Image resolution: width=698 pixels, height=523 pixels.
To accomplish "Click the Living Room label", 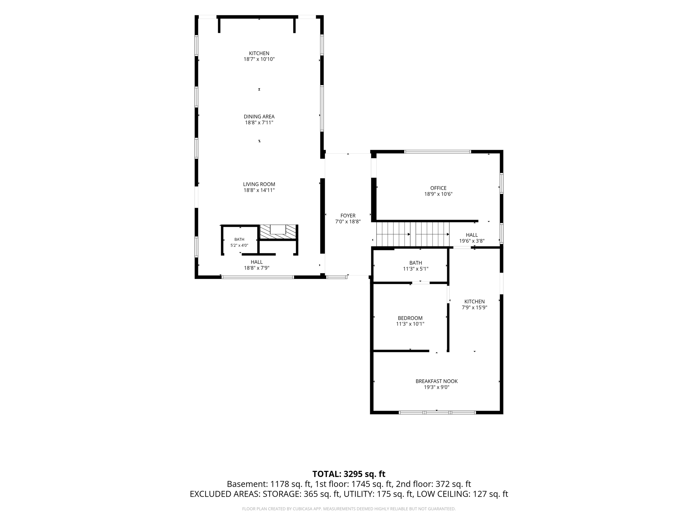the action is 259,184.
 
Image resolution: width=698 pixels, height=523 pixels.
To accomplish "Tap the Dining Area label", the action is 259,116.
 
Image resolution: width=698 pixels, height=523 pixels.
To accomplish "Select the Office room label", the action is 438,188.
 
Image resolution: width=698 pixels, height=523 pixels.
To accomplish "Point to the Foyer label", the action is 348,216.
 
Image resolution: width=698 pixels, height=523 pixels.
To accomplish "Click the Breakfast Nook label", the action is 437,381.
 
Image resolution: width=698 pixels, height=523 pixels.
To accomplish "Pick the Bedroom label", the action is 410,318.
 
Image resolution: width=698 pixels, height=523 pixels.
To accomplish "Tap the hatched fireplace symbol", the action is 278,232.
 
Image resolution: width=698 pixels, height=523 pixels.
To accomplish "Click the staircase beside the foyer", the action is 413,234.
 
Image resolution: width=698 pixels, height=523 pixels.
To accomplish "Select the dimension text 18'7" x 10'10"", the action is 259,59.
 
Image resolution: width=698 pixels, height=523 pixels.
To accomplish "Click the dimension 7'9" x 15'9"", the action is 474,307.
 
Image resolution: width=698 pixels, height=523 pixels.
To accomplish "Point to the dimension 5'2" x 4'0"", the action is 239,245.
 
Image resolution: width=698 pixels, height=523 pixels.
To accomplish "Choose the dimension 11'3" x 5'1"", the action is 415,269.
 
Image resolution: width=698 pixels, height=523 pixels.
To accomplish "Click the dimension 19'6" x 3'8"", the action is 472,241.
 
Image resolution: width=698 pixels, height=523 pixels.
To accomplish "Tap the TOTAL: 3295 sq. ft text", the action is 349,474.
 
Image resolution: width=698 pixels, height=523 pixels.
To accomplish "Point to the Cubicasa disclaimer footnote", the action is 349,509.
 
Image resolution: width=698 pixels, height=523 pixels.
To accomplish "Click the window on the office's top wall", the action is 438,152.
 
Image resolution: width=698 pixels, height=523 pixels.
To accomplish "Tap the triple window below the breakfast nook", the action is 437,412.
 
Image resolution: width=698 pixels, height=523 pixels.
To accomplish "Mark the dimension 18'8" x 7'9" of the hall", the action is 257,268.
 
